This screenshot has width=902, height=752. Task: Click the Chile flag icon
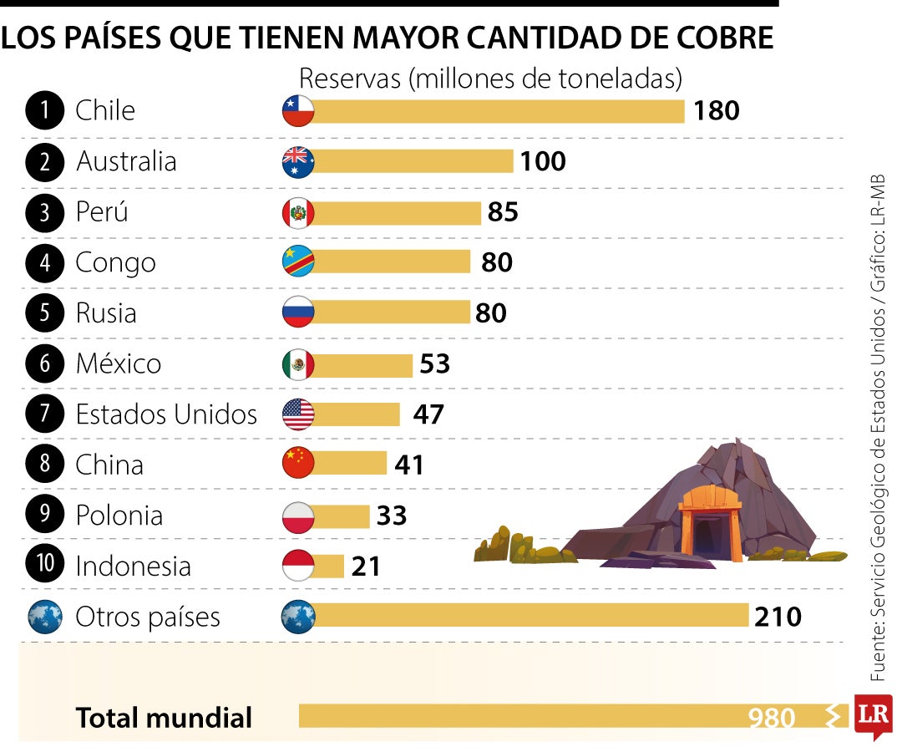(x=298, y=111)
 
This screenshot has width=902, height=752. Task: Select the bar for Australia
(x=413, y=161)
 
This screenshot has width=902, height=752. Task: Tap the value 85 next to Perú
(x=503, y=212)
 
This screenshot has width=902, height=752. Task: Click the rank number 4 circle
(x=44, y=263)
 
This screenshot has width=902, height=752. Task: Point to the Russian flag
(x=298, y=312)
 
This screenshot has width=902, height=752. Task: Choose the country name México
(x=119, y=364)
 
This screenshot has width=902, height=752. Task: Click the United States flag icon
(x=298, y=414)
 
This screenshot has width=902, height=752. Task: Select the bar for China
(x=351, y=465)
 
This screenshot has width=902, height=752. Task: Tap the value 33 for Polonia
(x=391, y=516)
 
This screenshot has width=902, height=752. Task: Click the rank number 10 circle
(x=44, y=566)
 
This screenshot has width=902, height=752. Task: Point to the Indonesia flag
(x=298, y=567)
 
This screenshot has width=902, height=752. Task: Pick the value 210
(x=777, y=617)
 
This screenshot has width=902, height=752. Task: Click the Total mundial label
(x=164, y=717)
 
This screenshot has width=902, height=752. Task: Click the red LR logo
(x=872, y=715)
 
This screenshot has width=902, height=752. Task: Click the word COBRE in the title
(x=721, y=38)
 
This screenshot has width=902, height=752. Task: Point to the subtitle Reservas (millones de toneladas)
(x=490, y=79)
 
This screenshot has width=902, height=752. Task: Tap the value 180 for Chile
(x=716, y=111)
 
